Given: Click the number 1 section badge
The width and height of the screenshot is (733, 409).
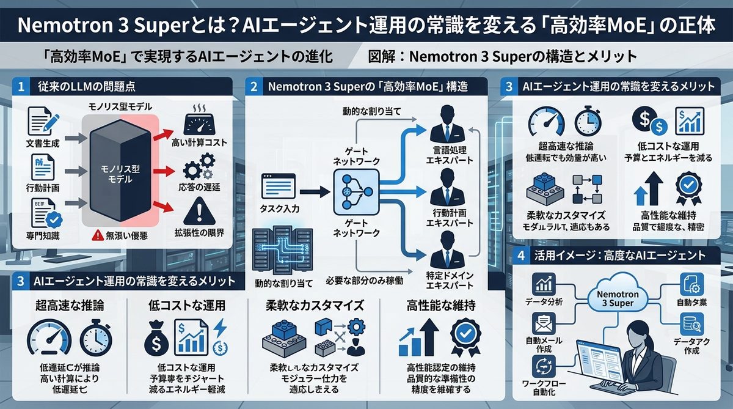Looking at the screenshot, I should [21, 87].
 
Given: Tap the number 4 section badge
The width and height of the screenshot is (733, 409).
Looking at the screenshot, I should [520, 255].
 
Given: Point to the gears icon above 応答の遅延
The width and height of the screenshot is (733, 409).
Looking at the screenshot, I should [199, 167].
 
